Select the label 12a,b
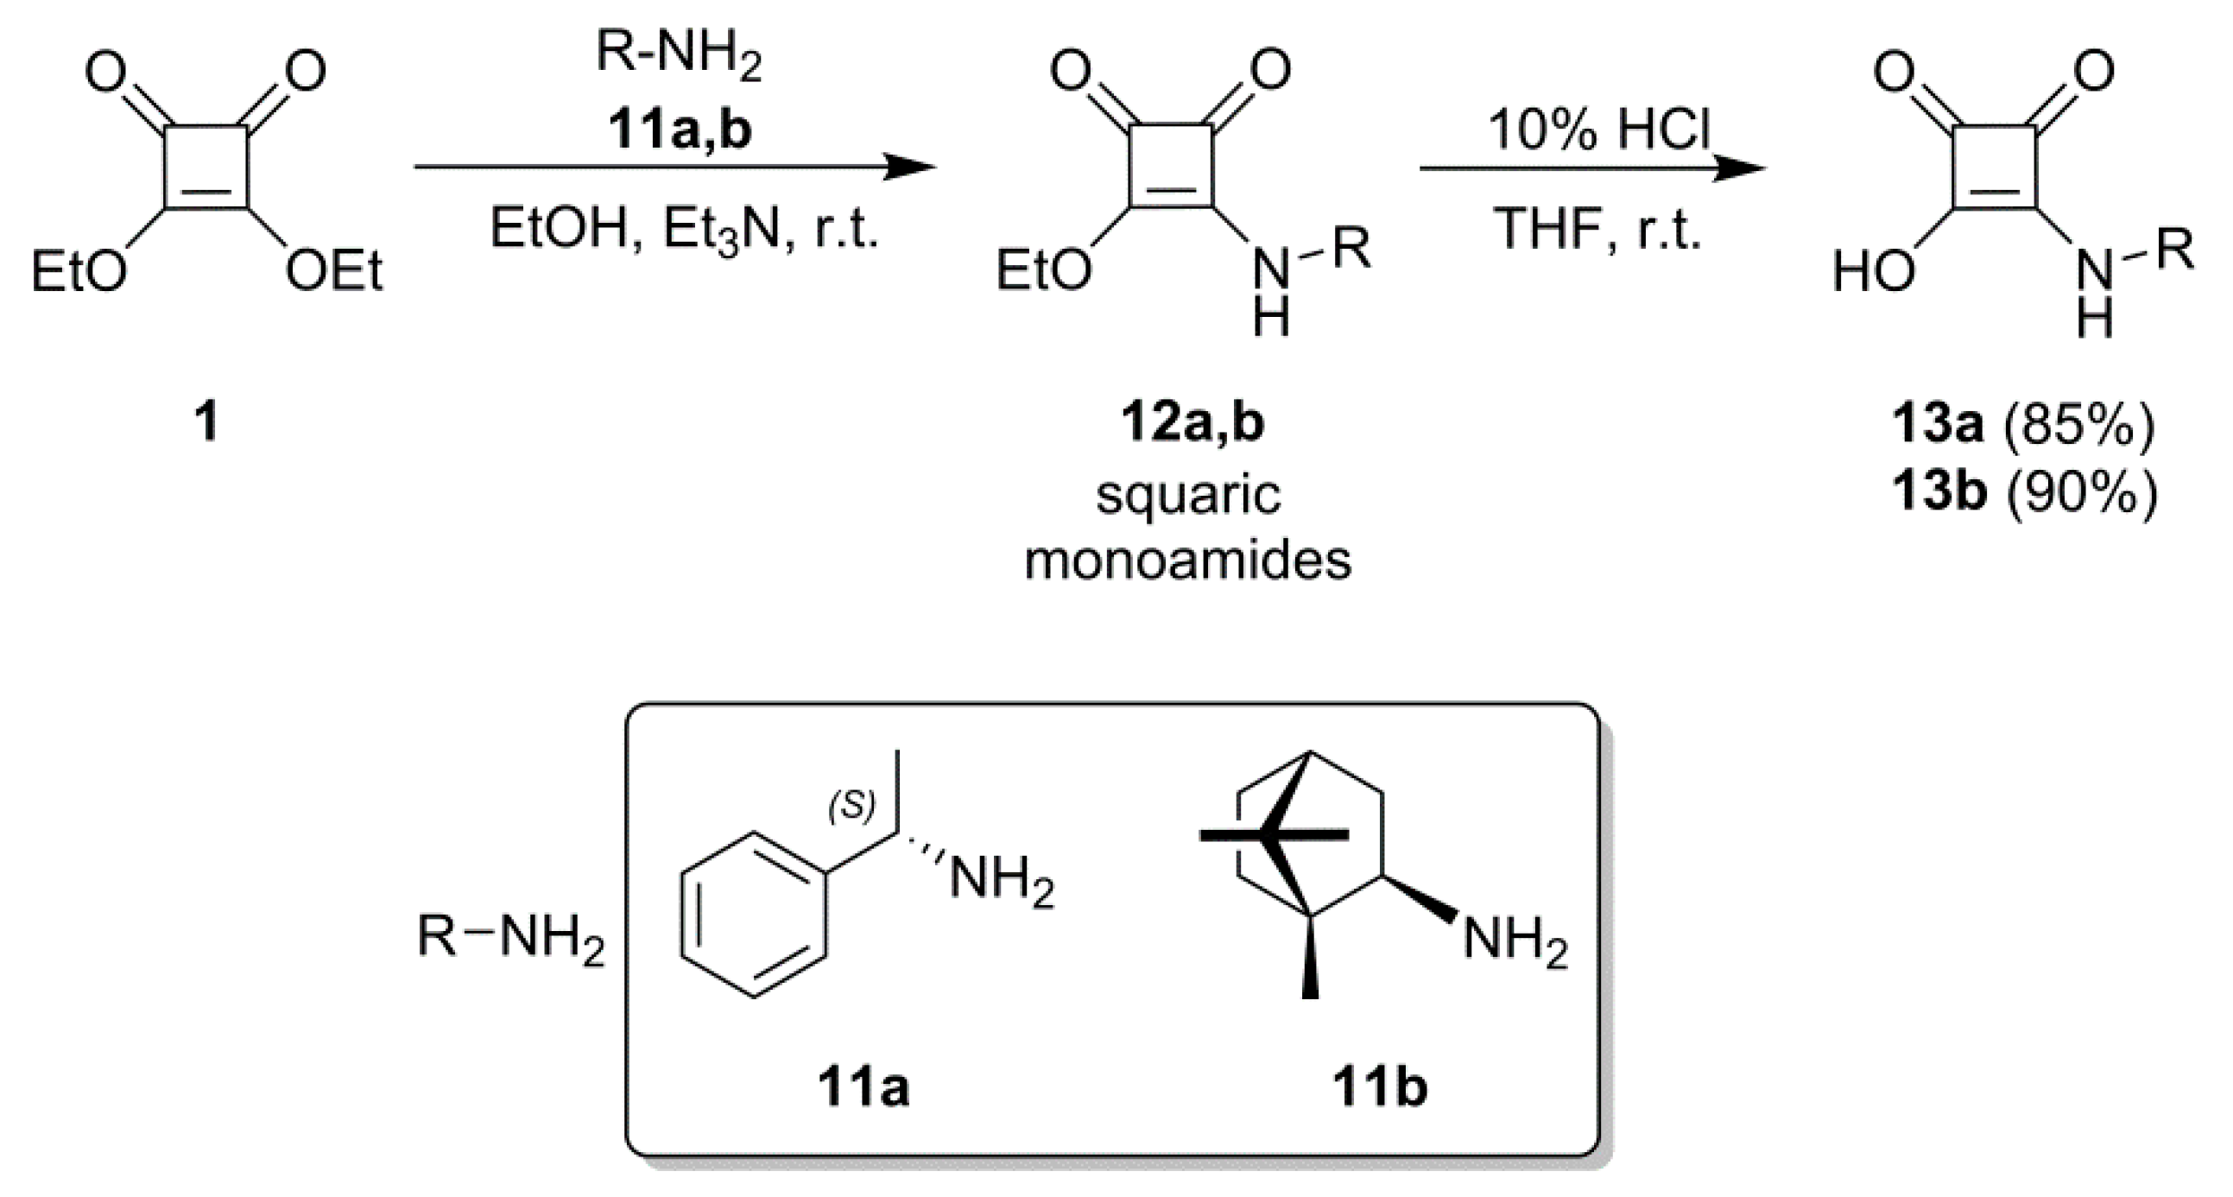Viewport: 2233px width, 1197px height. (1192, 423)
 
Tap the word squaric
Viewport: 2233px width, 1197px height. (1188, 497)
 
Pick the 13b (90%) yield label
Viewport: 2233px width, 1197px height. (2024, 493)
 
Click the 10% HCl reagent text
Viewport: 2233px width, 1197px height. (1599, 130)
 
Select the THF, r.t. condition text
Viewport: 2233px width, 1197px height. (1598, 230)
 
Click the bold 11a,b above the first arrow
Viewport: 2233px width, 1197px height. (680, 130)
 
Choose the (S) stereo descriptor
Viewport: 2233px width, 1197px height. (851, 806)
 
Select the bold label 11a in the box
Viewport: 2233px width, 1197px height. (863, 1089)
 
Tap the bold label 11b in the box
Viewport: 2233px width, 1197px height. (1380, 1089)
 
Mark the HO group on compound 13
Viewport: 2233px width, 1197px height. (1873, 272)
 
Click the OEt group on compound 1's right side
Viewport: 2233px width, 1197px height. (334, 272)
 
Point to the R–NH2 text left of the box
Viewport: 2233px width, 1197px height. (510, 939)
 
